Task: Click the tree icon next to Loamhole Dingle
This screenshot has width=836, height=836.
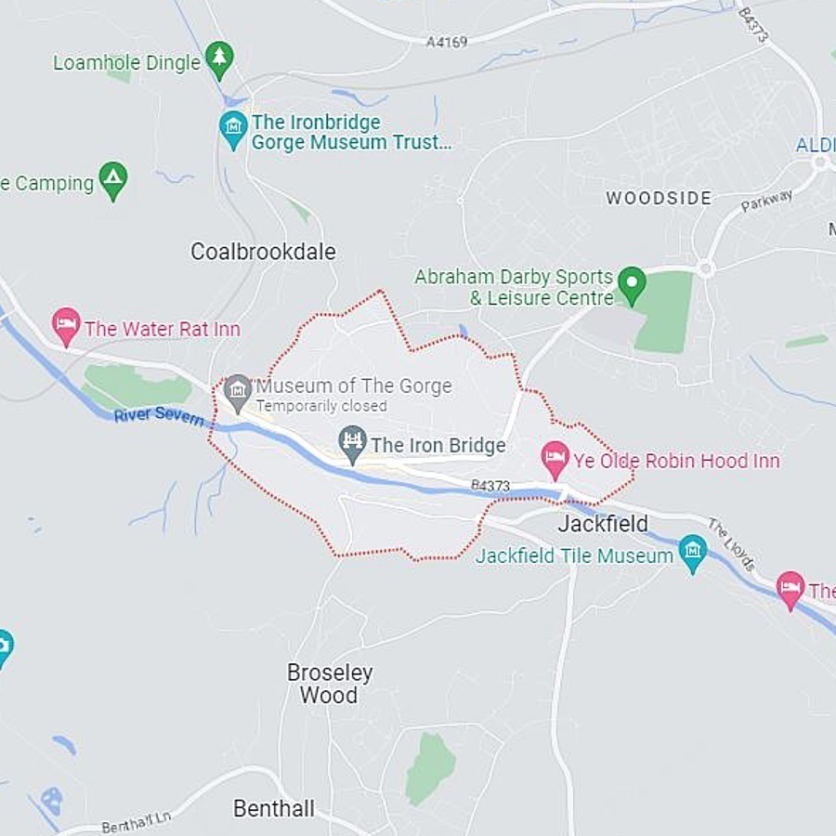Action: [x=219, y=59]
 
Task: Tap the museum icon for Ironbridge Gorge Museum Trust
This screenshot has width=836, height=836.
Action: [x=234, y=128]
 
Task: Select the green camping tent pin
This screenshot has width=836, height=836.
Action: [x=113, y=180]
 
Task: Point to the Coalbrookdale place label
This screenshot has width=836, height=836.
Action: [x=263, y=252]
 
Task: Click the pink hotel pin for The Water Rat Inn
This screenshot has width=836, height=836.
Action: [x=66, y=326]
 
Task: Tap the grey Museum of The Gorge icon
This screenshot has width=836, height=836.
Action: [x=238, y=392]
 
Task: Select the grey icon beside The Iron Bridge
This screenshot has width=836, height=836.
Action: [x=352, y=443]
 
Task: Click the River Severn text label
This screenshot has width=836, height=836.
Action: [x=159, y=415]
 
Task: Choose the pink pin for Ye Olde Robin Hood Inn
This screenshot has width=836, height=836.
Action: [x=555, y=458]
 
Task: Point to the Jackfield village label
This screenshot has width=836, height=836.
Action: [x=603, y=524]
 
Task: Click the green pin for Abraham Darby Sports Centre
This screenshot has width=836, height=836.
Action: [x=632, y=283]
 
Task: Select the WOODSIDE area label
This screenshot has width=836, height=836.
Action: [x=659, y=198]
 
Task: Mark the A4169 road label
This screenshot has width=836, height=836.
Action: [x=447, y=42]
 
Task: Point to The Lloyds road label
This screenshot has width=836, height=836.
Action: [x=732, y=544]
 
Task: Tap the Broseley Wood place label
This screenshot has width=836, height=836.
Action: [x=329, y=683]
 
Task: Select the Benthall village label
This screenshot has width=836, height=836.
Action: [x=273, y=808]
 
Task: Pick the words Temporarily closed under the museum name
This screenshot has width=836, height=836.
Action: [x=321, y=407]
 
